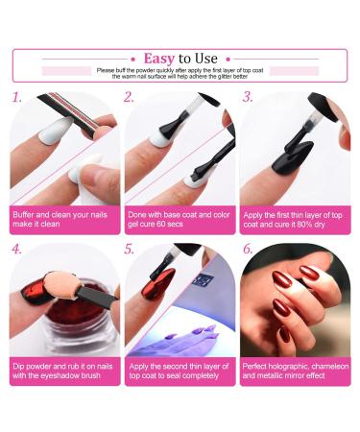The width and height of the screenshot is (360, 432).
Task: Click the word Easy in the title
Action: click(159, 59)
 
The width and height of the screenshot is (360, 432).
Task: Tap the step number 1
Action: click(16, 97)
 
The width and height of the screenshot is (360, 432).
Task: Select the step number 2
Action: click(129, 97)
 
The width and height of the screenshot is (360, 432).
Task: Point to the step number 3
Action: click(248, 97)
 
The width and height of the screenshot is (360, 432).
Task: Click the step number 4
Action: click(16, 249)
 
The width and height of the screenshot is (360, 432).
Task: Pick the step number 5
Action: click(129, 249)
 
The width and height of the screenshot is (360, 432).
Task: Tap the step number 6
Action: click(248, 249)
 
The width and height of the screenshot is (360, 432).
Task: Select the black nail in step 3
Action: click(293, 157)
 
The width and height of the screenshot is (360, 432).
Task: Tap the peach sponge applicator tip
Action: click(60, 285)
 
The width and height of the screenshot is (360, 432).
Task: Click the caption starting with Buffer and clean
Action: click(60, 219)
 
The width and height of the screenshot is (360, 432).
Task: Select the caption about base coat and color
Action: click(179, 219)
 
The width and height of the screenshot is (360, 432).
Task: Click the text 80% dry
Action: click(311, 225)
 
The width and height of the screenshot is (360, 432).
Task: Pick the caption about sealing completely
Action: click(179, 371)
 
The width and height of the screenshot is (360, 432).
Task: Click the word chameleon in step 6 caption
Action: click(330, 366)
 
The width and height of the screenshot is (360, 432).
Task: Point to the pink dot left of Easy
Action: click(133, 60)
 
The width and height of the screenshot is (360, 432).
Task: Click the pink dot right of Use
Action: click(228, 60)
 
